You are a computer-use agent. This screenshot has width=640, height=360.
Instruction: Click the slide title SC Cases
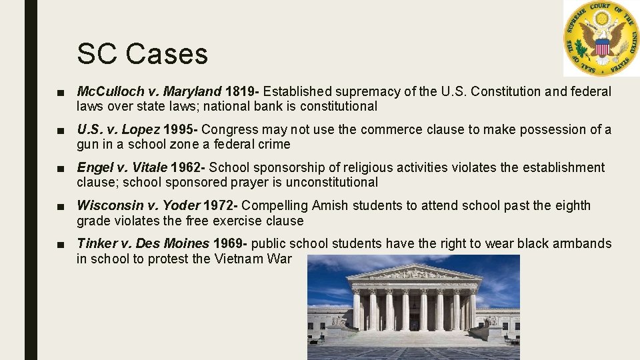142,54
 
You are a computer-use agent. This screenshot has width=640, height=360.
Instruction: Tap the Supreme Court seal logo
601,38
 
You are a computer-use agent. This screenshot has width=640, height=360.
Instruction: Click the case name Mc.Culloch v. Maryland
149,91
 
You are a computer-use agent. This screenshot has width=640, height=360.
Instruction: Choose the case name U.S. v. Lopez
118,129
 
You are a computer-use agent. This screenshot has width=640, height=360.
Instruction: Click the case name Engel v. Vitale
121,167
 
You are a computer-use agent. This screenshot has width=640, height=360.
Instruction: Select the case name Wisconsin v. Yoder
139,205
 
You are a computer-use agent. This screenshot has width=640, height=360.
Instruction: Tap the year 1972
219,205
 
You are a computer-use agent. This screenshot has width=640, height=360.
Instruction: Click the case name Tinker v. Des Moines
143,243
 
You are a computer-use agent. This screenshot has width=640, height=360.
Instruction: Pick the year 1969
228,243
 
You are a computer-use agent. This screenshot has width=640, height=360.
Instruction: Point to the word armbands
580,243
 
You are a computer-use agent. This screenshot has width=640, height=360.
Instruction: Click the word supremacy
371,91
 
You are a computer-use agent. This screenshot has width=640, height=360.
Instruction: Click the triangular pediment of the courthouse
413,273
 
